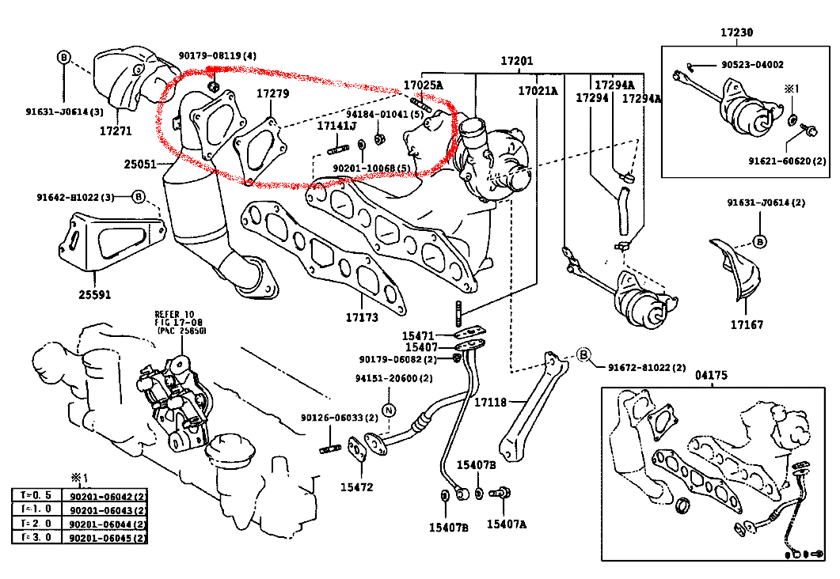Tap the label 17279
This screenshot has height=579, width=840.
tap(272, 94)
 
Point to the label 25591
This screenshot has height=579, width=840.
tap(94, 295)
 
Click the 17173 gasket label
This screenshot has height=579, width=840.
tap(361, 318)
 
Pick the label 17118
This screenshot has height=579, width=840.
tap(490, 403)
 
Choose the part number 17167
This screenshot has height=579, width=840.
tap(747, 324)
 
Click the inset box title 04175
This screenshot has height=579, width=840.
tap(710, 375)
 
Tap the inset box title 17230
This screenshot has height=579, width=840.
tap(736, 33)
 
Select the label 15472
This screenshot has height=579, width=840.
tap(357, 487)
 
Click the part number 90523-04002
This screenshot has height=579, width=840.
tap(751, 65)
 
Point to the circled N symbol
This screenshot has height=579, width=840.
tap(388, 410)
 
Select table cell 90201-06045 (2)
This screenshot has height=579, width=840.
tap(108, 538)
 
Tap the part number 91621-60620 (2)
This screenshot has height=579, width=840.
tap(787, 160)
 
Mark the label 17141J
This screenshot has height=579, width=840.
tap(337, 126)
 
